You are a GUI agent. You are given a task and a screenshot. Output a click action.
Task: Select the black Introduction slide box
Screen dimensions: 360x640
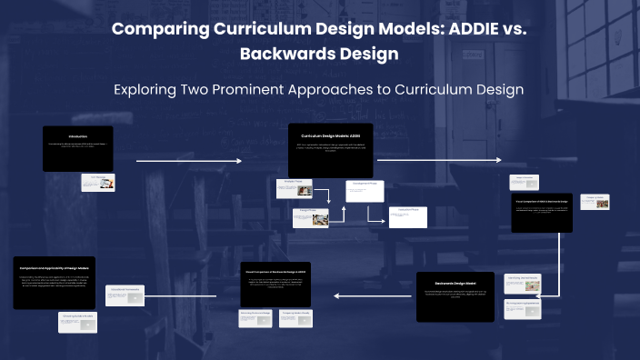(x=78, y=148)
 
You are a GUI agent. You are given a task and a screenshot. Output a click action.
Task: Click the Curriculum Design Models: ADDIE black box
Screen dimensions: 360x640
(x=331, y=150)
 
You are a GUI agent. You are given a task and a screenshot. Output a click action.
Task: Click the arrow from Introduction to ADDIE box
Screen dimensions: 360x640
(x=189, y=161)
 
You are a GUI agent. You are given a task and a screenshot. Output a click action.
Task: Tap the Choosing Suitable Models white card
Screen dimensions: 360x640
(x=78, y=322)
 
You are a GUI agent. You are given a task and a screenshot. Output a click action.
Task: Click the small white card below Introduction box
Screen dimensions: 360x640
(x=98, y=182)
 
